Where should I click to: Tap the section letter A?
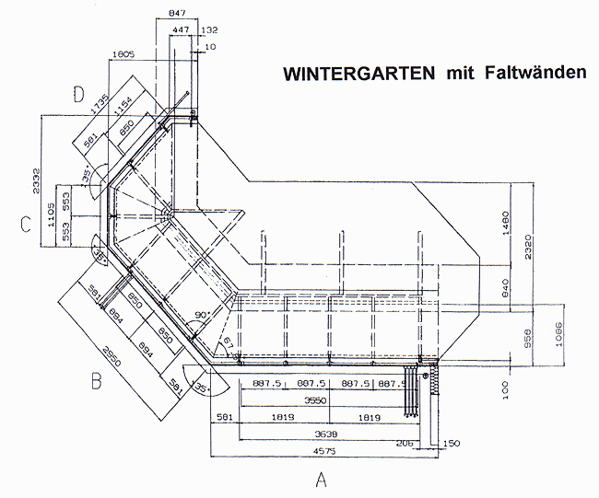321,480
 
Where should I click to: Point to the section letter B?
95,381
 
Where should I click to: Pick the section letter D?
79,94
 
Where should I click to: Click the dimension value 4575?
322,451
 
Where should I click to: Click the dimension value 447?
181,30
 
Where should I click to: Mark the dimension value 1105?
53,222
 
